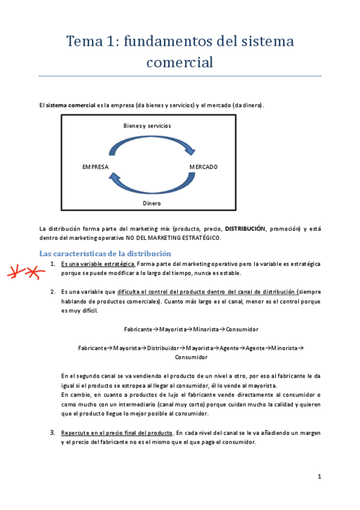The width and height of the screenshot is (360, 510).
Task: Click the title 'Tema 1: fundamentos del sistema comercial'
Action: point(180,51)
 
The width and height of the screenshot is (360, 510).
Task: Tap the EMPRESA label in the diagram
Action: point(95,167)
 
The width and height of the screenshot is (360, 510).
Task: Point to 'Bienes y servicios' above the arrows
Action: point(147,126)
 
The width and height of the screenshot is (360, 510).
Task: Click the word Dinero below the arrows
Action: point(151,204)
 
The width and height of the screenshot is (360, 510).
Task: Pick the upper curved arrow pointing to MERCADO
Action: point(151,144)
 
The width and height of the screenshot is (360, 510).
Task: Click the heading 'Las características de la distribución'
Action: point(105,254)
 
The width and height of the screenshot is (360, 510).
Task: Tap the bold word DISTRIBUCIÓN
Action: point(245,229)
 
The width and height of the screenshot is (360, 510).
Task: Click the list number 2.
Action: point(53,292)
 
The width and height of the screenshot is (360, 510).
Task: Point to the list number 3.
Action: point(53,432)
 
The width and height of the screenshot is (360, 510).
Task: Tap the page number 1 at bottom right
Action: point(320,477)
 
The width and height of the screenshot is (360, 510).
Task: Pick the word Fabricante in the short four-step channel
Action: point(138,329)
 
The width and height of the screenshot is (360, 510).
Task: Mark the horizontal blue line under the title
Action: point(180,76)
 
